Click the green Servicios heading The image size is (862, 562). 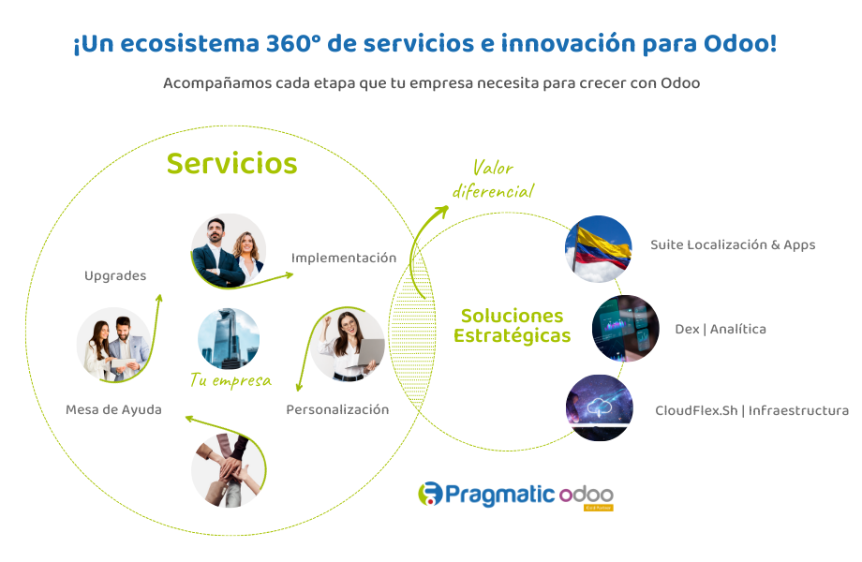point(231,163)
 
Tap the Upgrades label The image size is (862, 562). point(115,275)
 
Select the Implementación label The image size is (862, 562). point(343,258)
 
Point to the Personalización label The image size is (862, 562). point(336,409)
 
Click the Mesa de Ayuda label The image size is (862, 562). point(113,409)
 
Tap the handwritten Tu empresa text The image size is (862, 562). point(230,380)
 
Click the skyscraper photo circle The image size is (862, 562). point(229,338)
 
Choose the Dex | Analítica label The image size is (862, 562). point(720,329)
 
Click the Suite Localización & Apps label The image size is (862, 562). point(733,244)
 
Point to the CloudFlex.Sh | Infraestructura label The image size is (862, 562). point(751,410)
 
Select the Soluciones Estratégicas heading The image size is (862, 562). point(512,325)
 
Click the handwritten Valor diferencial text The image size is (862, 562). point(493,180)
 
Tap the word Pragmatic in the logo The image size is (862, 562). point(498,494)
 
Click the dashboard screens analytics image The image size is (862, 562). point(625,329)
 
